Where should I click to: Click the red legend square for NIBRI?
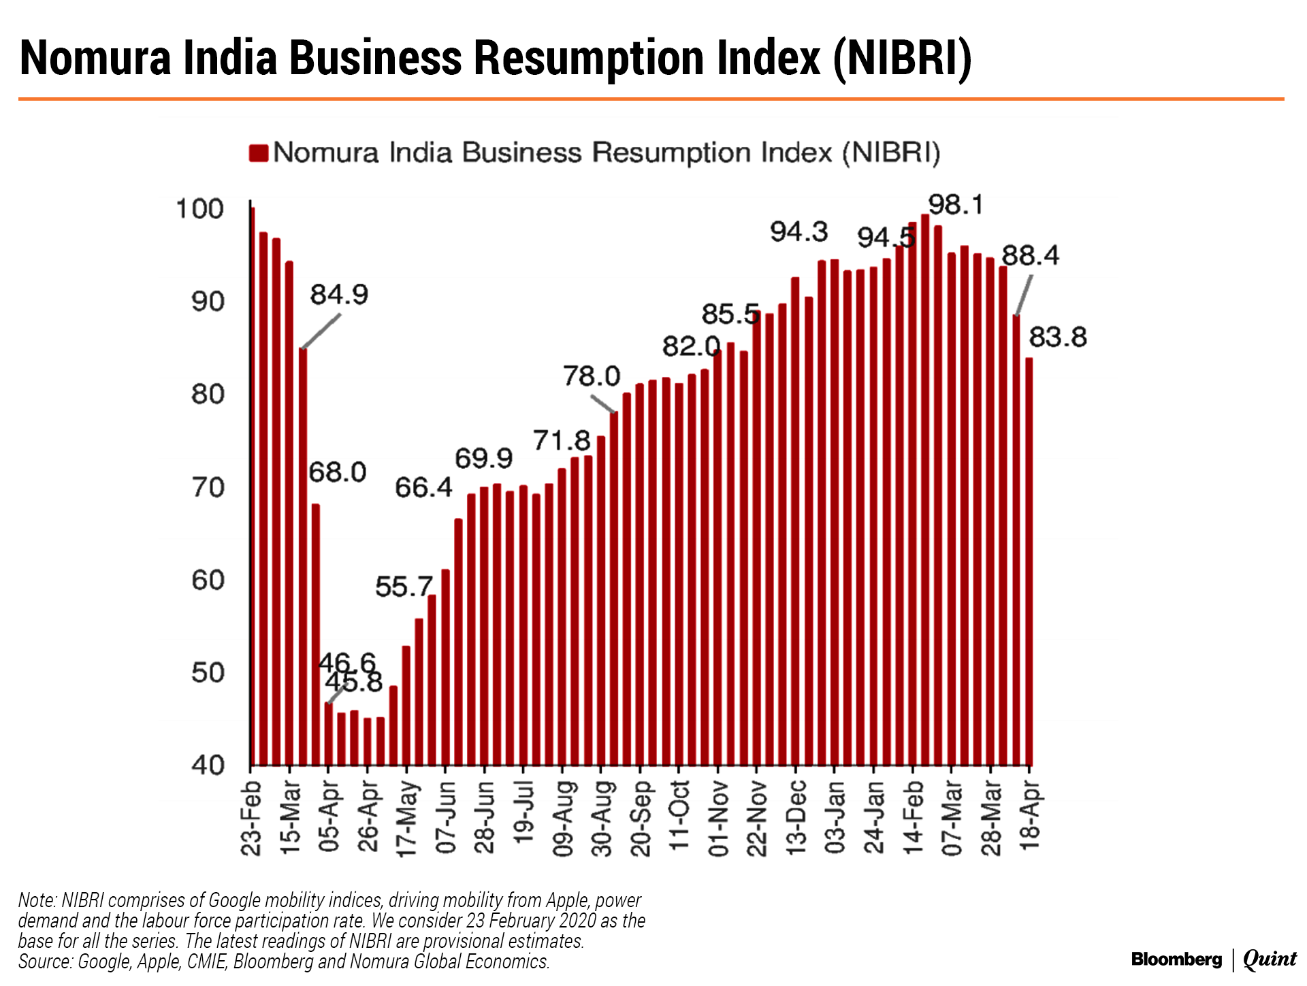pos(259,153)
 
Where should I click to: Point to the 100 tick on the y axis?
pos(199,209)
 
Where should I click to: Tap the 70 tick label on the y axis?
pos(208,487)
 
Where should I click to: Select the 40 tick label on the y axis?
pos(208,766)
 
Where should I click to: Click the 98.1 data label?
pos(956,204)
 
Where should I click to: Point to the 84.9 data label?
pos(339,295)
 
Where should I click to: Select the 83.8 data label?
pos(1057,337)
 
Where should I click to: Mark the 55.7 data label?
pos(404,587)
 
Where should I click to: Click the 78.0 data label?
pos(592,376)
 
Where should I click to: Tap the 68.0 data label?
pos(338,472)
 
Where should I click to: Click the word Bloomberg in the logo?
pos(1176,959)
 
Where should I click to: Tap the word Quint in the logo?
pos(1270,959)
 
